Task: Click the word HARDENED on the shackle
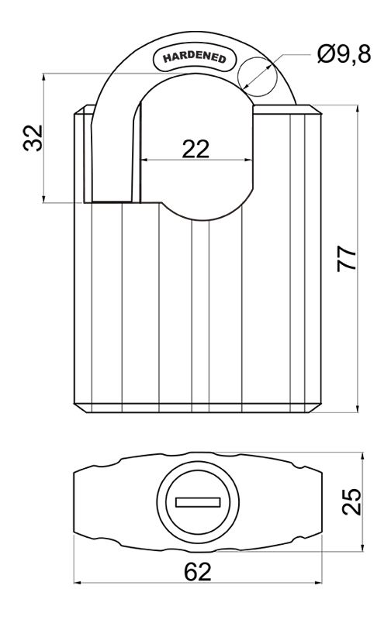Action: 194,57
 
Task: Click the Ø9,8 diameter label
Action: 344,53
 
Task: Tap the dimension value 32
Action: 33,138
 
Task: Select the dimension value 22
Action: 195,149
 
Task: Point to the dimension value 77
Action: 347,259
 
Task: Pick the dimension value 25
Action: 351,501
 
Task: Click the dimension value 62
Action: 198,572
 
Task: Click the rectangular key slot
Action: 198,502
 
